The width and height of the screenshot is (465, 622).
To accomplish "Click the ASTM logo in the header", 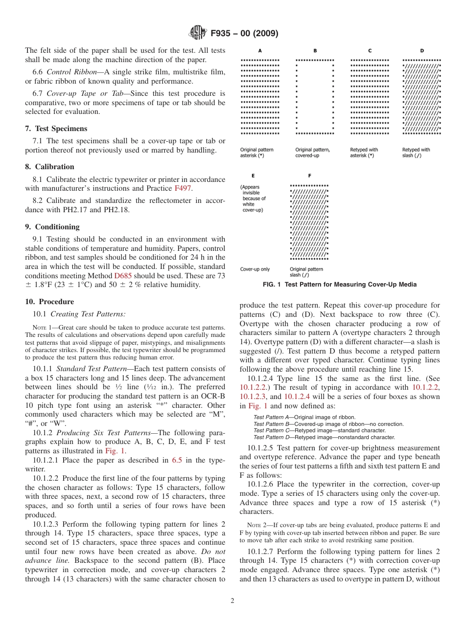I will pyautogui.click(x=197, y=33).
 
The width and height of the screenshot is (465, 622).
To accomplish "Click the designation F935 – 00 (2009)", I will pyautogui.click(x=244, y=34).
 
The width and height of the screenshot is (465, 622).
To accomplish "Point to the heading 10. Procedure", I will pyautogui.click(x=49, y=302).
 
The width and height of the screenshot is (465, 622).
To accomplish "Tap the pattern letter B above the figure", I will pyautogui.click(x=315, y=50).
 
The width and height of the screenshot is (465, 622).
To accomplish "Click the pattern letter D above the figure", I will pyautogui.click(x=421, y=50).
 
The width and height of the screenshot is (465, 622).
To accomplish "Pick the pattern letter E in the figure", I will pyautogui.click(x=253, y=176).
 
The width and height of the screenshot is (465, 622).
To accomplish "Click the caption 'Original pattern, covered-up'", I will pyautogui.click(x=313, y=153).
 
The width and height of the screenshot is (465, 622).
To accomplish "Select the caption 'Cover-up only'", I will pyautogui.click(x=255, y=269).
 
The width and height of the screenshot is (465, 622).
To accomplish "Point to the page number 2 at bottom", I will pyautogui.click(x=232, y=601).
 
